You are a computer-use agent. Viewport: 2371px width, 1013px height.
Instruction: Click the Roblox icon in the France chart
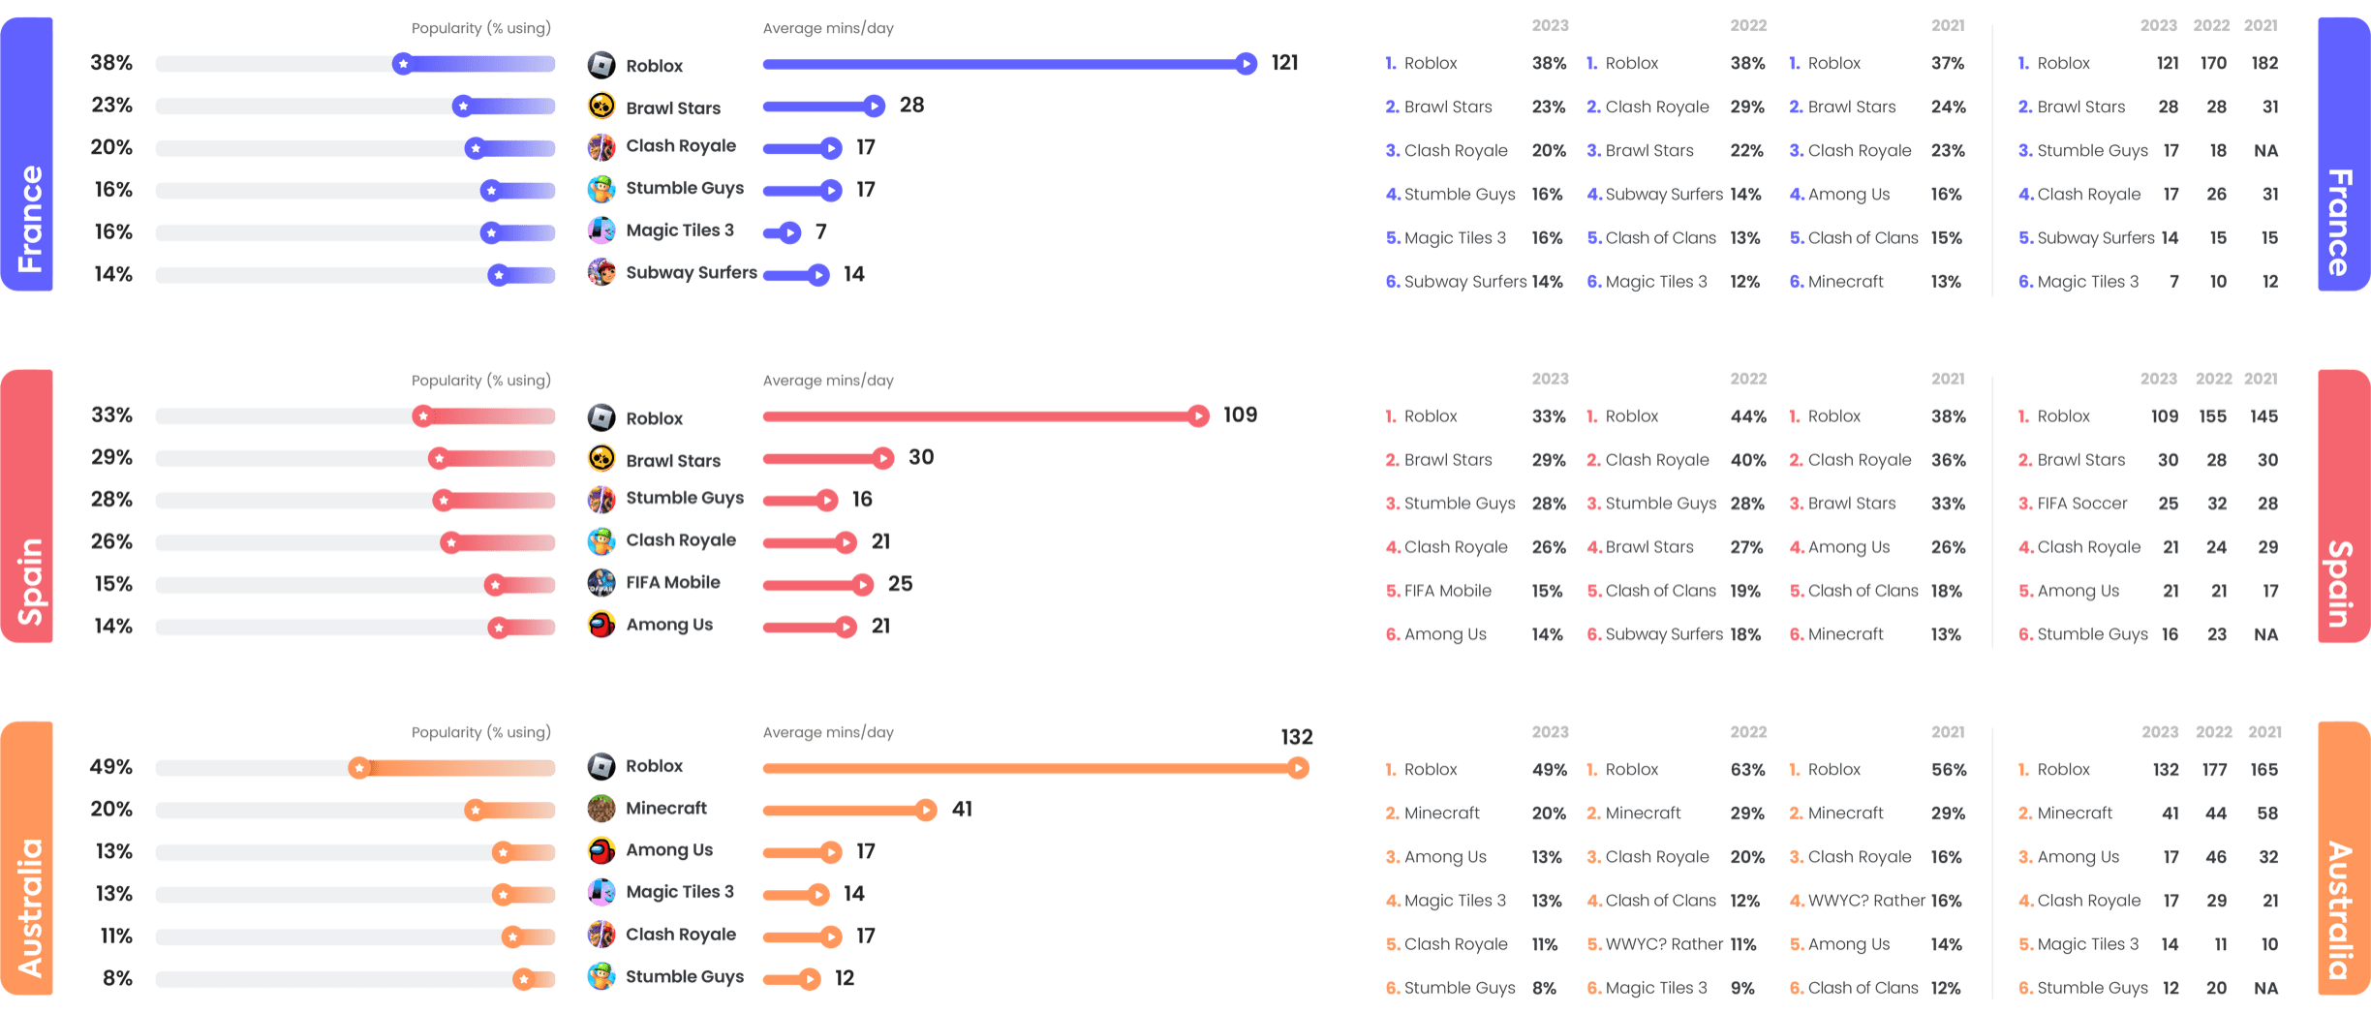601,65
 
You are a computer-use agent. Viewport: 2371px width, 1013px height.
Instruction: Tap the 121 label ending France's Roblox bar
1284,63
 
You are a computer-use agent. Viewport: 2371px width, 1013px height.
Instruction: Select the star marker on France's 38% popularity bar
403,64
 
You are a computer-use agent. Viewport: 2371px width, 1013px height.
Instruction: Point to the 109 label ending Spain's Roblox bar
1240,415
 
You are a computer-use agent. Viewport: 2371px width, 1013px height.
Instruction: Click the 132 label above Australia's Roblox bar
1296,737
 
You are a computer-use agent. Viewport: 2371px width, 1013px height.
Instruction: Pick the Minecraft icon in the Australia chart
601,808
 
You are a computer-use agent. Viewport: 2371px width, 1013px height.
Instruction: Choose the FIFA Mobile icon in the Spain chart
601,582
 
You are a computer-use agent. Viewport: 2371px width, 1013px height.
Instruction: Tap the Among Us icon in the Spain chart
601,625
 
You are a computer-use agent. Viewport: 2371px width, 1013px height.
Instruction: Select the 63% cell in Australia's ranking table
1747,770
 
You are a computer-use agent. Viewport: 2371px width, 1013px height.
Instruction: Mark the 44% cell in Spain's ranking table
1747,416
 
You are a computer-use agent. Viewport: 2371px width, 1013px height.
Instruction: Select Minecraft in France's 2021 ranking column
1845,282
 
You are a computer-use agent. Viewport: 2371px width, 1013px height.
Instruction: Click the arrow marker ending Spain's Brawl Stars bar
882,458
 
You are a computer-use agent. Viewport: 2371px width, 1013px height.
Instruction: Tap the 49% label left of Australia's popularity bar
110,767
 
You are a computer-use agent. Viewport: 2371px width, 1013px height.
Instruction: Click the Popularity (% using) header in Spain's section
480,381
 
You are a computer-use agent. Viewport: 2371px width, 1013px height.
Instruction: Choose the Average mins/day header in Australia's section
827,733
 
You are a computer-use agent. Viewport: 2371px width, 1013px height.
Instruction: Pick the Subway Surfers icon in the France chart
601,272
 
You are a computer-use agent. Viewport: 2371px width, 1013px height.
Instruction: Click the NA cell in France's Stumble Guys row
2265,150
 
